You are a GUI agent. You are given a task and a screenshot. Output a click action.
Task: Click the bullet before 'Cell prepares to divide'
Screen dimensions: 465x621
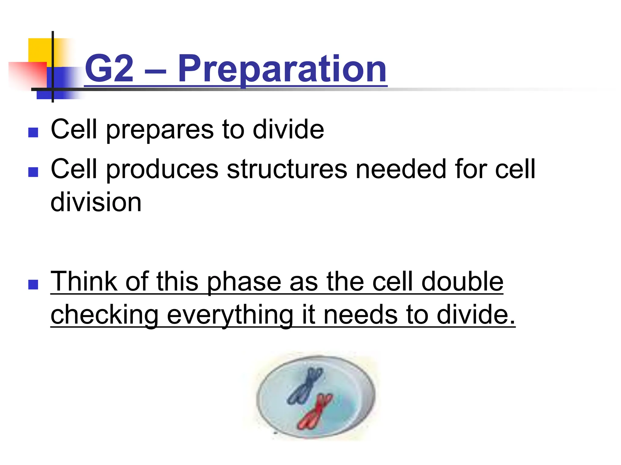(33, 132)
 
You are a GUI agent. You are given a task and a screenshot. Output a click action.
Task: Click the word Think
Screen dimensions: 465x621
(84, 282)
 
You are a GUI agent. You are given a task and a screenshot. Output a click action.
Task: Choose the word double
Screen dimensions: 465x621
(462, 282)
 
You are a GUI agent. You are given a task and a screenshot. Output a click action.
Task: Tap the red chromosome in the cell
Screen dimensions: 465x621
(315, 412)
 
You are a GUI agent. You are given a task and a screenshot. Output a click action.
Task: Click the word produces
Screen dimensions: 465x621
(162, 170)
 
